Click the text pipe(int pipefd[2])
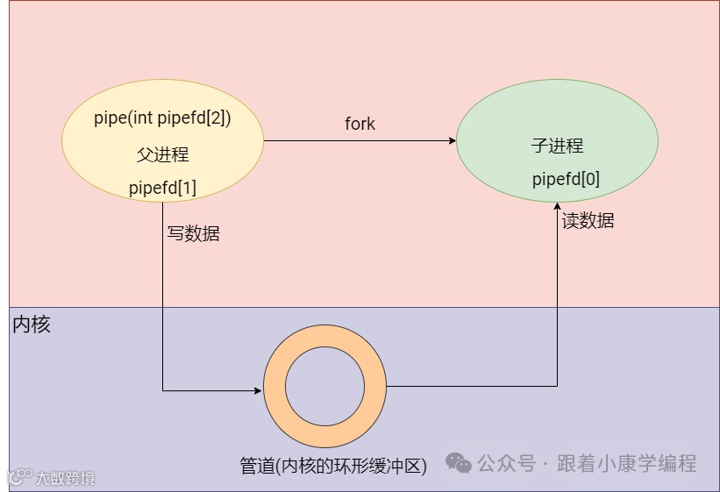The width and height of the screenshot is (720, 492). tap(162, 118)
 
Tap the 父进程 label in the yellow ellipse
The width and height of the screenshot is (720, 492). tap(162, 154)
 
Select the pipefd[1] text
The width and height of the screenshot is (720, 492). tap(162, 187)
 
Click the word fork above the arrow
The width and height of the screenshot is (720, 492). tap(360, 124)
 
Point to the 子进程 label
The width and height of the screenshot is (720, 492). tap(557, 146)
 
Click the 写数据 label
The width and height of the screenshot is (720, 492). tap(193, 233)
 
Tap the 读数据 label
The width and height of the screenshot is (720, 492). tap(588, 221)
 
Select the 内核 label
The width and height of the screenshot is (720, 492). tap(31, 324)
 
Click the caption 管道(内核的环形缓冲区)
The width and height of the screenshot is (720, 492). tap(332, 466)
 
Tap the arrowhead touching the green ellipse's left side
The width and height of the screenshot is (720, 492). tap(452, 140)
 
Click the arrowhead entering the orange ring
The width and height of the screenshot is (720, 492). tap(259, 389)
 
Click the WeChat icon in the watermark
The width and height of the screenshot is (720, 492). tap(458, 462)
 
